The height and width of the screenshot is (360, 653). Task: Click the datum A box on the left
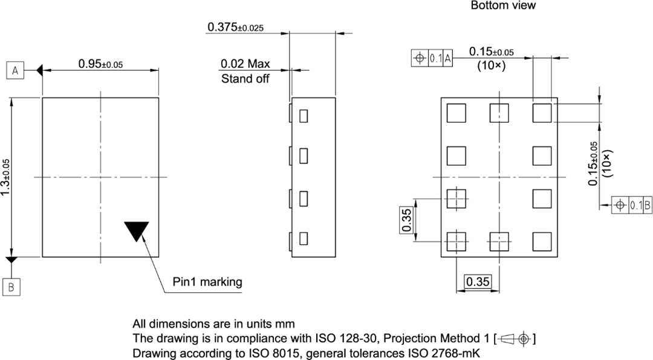[x=16, y=71]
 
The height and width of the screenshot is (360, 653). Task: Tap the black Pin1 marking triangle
[x=136, y=231]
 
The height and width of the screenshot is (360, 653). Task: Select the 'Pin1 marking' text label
[x=207, y=281]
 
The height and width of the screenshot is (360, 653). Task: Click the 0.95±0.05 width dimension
[x=100, y=64]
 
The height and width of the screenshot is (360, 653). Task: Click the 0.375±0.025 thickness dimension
[x=235, y=27]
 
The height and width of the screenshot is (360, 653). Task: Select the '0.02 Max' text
[x=245, y=64]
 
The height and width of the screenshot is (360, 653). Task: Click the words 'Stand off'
[x=245, y=79]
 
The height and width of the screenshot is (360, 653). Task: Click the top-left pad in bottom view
[x=456, y=113]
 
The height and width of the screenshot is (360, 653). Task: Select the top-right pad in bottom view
[x=542, y=113]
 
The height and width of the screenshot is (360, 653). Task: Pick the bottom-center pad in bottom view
[x=499, y=241]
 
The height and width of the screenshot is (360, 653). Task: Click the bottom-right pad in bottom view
[x=542, y=241]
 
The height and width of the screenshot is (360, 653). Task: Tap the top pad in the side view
[x=304, y=114]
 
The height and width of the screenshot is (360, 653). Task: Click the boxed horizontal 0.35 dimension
[x=477, y=281]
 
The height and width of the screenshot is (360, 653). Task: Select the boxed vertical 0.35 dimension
[x=407, y=220]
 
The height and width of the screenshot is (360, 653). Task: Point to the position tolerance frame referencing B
[x=632, y=205]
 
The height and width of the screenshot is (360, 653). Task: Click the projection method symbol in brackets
[x=515, y=339]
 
